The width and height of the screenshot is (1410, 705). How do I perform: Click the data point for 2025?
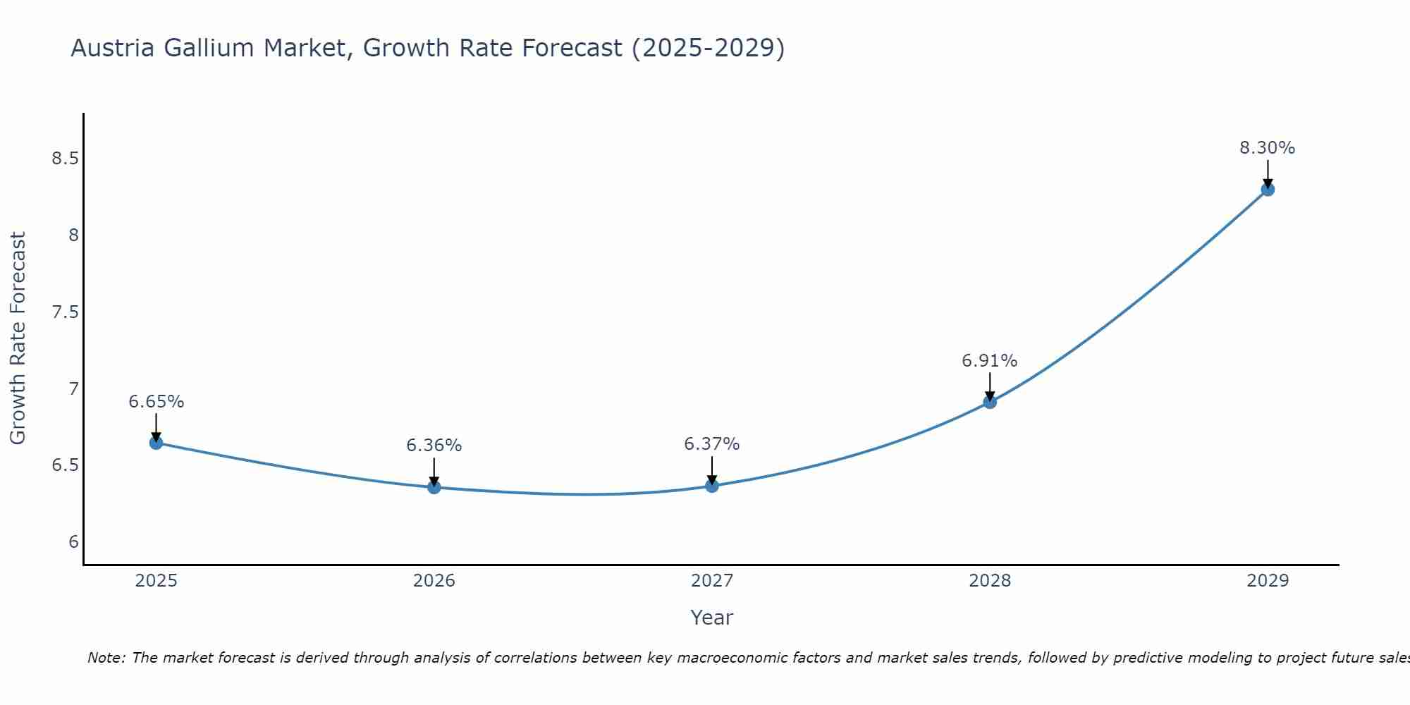pos(156,443)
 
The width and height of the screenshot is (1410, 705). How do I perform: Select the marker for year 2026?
pos(434,487)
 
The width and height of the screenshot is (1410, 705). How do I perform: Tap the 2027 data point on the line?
pos(711,486)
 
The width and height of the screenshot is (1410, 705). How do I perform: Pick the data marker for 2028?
pos(989,402)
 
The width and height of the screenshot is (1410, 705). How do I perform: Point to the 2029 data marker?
pos(1267,189)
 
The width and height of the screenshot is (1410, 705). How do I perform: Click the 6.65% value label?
pos(156,402)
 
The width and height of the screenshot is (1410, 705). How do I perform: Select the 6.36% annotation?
pos(434,446)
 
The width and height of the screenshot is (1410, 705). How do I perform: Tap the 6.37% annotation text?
pos(711,444)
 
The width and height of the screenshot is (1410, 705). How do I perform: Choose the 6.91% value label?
pos(989,361)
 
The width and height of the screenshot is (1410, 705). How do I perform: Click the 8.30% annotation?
pos(1267,148)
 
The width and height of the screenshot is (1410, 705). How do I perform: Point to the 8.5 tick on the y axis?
pos(65,159)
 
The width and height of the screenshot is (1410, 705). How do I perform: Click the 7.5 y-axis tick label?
pos(65,312)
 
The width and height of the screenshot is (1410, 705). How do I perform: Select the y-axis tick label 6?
pos(73,542)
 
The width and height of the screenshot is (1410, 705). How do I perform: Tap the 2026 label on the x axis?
pos(434,581)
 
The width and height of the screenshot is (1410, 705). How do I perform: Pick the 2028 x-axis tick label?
pos(989,581)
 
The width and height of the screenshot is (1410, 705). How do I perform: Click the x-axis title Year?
pos(711,618)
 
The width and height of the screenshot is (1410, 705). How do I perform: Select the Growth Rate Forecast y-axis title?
pos(18,338)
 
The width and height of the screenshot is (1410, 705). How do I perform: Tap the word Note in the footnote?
pos(106,658)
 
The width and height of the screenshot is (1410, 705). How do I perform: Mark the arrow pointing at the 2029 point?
pos(1267,173)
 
